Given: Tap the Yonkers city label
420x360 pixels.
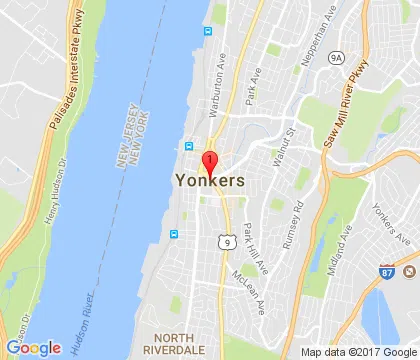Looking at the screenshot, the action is click(210, 182).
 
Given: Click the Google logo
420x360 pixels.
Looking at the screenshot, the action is click(33, 347).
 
